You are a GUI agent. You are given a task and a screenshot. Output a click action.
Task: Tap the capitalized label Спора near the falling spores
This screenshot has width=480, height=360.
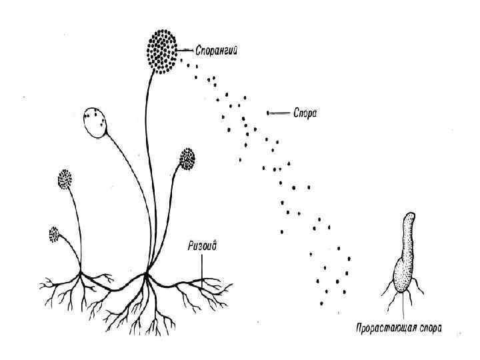pos(306,113)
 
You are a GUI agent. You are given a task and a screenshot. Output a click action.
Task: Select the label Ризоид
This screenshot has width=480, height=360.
pos(203,245)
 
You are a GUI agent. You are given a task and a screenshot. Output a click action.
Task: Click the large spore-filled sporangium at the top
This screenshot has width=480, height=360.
pos(161,49)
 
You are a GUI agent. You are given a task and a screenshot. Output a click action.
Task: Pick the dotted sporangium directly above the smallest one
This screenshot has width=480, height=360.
pos(65,180)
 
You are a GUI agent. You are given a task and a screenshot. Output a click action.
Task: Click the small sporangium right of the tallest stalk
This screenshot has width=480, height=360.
pos(187,159)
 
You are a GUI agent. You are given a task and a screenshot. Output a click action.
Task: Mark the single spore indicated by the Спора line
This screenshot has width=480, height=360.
pos(268,113)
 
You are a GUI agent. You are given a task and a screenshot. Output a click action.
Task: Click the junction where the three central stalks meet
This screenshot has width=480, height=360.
pos(146,273)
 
